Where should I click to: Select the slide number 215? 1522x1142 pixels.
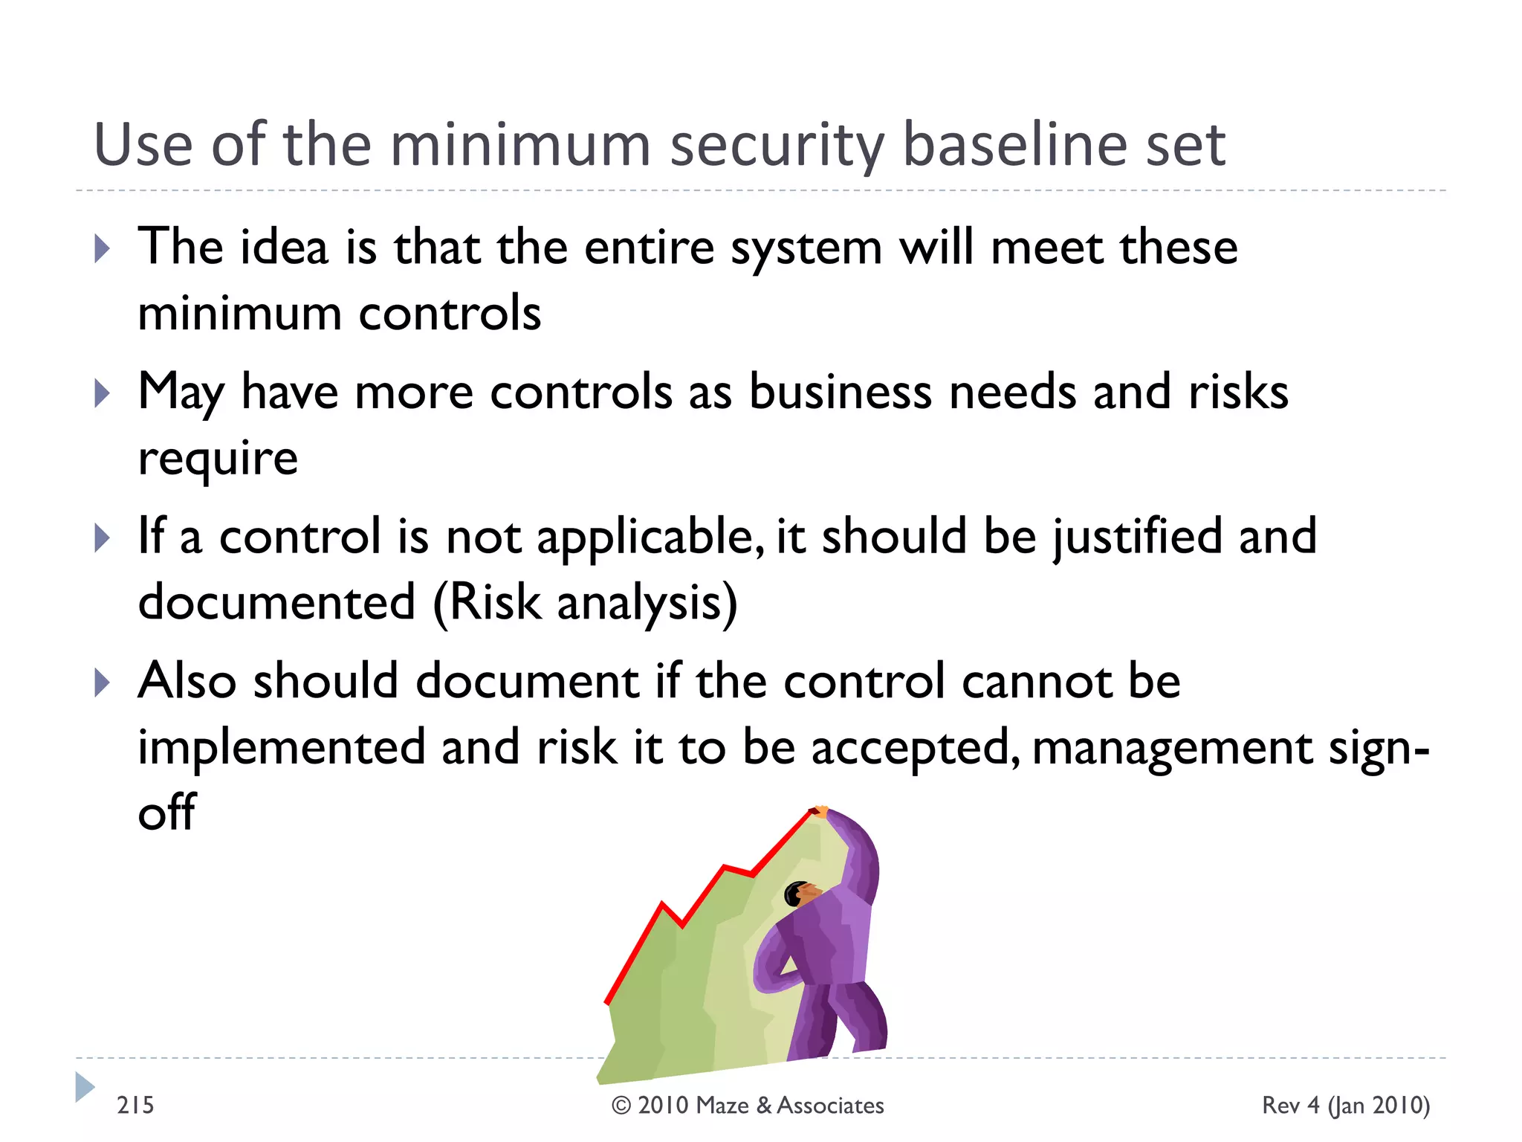point(135,1106)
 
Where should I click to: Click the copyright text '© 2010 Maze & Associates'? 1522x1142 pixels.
point(748,1106)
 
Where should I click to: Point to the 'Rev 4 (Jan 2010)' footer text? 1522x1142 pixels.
point(1346,1106)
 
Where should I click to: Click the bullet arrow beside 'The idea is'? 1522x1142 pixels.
point(103,248)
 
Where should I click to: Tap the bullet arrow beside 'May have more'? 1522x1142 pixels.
point(103,393)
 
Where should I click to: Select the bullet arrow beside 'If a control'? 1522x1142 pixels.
point(103,538)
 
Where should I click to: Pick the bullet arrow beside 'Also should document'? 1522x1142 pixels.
point(103,682)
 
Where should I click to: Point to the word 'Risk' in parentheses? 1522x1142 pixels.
point(494,602)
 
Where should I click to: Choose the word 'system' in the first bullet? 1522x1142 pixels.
point(806,248)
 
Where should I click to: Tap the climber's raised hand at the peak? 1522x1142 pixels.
point(820,811)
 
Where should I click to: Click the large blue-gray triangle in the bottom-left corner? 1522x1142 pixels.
point(85,1087)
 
